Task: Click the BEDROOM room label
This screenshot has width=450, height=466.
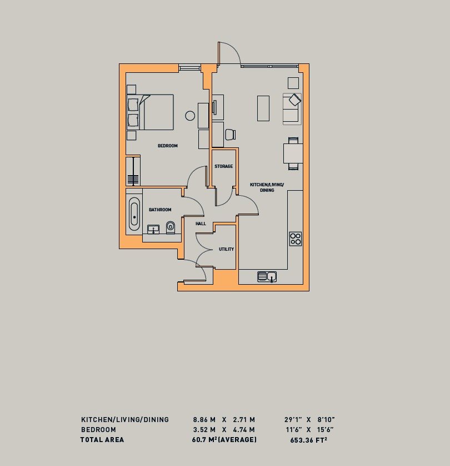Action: [167, 146]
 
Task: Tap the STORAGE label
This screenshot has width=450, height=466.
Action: [223, 166]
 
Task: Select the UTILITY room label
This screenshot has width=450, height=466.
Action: [226, 249]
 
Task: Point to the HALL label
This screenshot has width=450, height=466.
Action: [201, 224]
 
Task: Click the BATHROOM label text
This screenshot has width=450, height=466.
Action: [160, 210]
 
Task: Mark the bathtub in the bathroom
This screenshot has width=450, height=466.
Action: [134, 214]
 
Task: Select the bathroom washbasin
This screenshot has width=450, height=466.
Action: [153, 229]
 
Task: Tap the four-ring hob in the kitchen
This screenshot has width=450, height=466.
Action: [296, 239]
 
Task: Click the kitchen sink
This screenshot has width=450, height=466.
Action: [267, 276]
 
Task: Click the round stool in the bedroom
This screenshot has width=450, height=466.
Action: [190, 116]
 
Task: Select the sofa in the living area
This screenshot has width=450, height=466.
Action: [291, 108]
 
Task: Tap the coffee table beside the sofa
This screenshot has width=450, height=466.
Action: [263, 108]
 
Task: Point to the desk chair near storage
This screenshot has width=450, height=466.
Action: [230, 134]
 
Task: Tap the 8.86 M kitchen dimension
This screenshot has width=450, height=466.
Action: [204, 419]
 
